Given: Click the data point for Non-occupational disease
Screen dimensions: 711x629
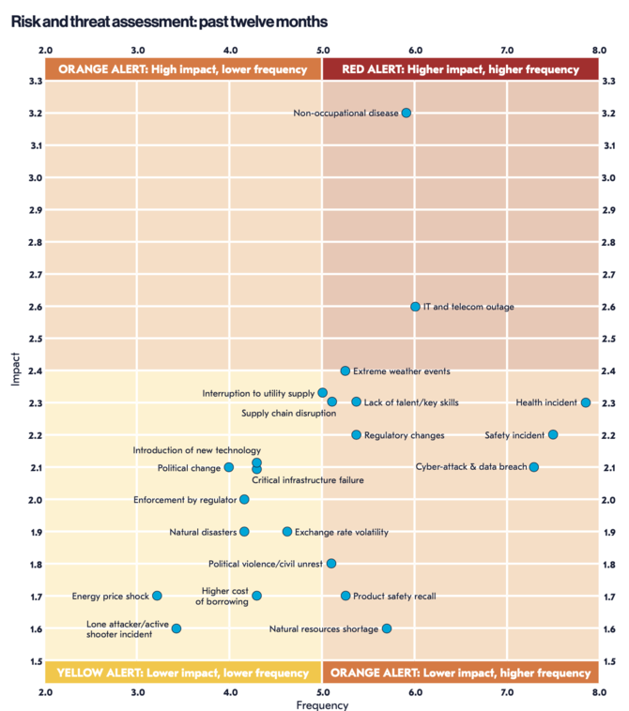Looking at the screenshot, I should point(406,113).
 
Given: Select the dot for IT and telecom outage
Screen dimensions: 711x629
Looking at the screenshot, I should point(415,307).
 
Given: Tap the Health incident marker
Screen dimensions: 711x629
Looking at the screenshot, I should point(586,402).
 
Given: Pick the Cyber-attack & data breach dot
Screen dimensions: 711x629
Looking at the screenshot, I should point(534,467).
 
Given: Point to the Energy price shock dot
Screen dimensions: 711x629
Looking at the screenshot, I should point(157,596).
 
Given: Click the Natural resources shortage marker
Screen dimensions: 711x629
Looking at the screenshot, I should point(387,628).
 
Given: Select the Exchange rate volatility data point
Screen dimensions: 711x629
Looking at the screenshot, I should point(287,532).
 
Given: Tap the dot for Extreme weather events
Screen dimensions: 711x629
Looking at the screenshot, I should point(345,371).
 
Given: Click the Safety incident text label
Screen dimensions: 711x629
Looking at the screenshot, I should point(514,435).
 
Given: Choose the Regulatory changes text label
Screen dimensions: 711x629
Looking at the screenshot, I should point(404,435).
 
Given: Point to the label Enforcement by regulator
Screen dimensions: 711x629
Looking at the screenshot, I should point(185,500).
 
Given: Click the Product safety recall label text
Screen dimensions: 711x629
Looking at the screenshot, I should point(394,596).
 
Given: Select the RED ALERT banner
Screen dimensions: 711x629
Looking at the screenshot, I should point(460,68).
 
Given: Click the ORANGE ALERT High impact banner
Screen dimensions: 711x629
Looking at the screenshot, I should point(183,68).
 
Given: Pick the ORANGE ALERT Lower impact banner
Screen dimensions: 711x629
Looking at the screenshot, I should point(460,673).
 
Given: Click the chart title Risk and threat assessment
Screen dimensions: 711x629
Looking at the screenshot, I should point(170,20).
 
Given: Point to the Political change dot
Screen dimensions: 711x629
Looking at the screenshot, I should point(229,467).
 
